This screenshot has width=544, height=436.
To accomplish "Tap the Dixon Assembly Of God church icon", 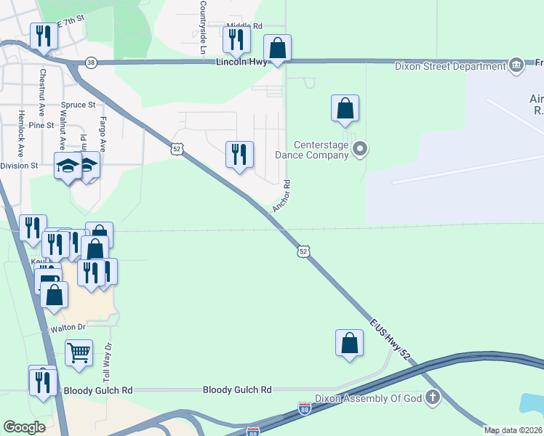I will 433,397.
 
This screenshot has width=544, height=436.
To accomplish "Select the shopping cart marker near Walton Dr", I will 79,352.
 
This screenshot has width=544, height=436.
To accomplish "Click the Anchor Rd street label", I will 281,196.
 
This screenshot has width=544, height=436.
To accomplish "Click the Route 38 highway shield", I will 91,62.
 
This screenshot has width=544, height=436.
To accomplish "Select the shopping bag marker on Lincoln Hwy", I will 277,48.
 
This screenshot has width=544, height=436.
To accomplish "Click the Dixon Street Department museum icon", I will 516,65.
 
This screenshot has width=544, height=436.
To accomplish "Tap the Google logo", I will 24,427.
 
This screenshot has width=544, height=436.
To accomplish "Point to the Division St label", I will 19,166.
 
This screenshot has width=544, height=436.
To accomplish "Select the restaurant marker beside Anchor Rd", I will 239,154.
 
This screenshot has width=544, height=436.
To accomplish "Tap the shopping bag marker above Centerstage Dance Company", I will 345,108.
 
